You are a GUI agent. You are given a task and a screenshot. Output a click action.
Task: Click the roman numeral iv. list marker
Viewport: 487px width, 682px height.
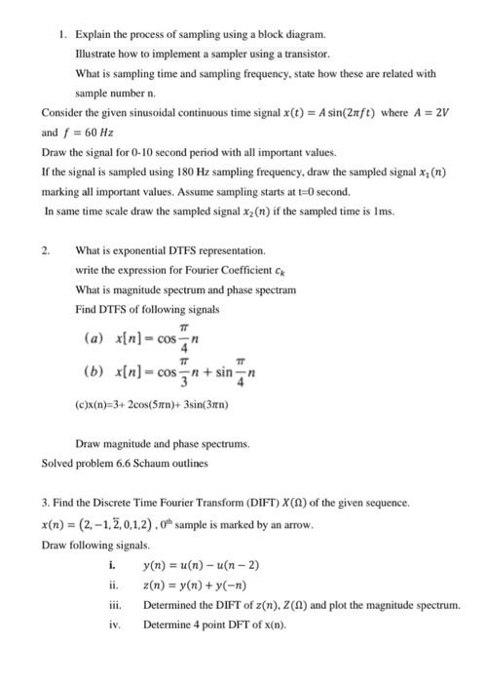tap(116, 624)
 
